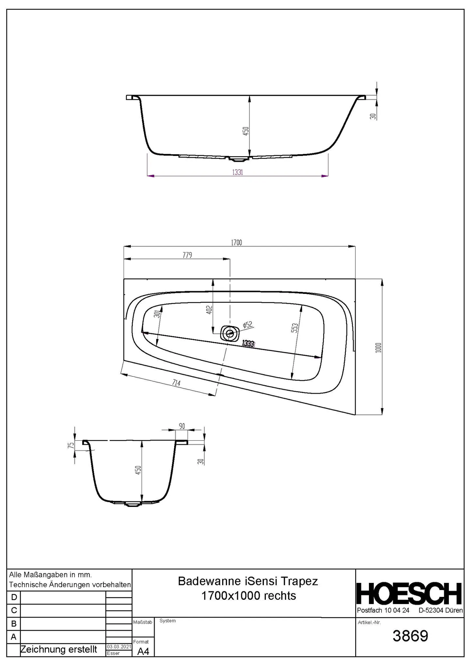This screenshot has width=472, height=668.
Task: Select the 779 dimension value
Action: click(x=187, y=255)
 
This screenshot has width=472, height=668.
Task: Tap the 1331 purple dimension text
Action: click(x=237, y=172)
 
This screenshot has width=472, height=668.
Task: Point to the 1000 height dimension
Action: click(x=378, y=347)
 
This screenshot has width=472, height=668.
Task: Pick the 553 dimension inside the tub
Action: click(x=295, y=328)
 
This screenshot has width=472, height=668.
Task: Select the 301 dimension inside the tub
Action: click(x=158, y=314)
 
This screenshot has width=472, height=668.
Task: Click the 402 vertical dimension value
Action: click(x=209, y=310)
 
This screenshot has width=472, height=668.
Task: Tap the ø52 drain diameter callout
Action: click(x=248, y=325)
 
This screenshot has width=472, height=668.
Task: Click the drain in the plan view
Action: click(x=230, y=333)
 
